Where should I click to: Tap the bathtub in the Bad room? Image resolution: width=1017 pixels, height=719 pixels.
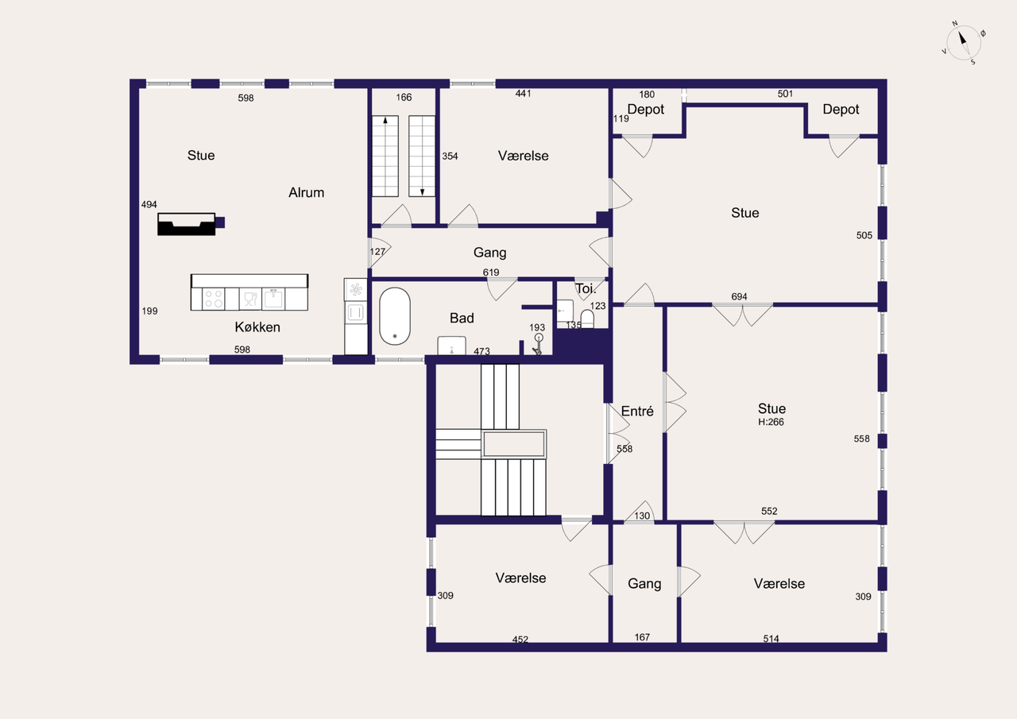(x=395, y=316)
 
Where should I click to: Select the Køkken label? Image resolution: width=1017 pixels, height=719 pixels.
(x=257, y=327)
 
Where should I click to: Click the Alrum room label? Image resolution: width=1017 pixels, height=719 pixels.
(x=307, y=192)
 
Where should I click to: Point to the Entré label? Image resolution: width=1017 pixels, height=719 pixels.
(x=637, y=412)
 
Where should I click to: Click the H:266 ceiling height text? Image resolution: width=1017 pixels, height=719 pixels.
(x=771, y=422)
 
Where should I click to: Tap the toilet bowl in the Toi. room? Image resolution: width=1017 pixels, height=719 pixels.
(x=587, y=319)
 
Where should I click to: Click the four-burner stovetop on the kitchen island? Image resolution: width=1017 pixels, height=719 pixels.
(x=214, y=299)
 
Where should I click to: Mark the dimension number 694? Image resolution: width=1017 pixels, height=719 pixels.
(x=739, y=296)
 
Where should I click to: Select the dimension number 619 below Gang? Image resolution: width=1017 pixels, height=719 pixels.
(x=491, y=273)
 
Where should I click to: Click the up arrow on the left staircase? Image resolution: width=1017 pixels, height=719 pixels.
(x=385, y=120)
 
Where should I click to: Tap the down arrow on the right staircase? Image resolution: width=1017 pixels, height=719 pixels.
(x=422, y=192)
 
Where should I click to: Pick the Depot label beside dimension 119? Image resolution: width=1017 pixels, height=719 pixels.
(x=646, y=110)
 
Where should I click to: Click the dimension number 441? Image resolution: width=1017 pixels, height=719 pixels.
(x=523, y=94)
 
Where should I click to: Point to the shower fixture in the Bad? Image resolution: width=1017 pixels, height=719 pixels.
(x=538, y=344)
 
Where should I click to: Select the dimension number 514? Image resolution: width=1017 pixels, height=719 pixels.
(x=771, y=639)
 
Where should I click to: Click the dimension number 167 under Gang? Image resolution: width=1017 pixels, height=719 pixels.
(x=642, y=637)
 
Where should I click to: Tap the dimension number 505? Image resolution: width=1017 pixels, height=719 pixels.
(x=864, y=235)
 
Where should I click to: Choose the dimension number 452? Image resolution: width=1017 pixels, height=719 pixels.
(x=520, y=639)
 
